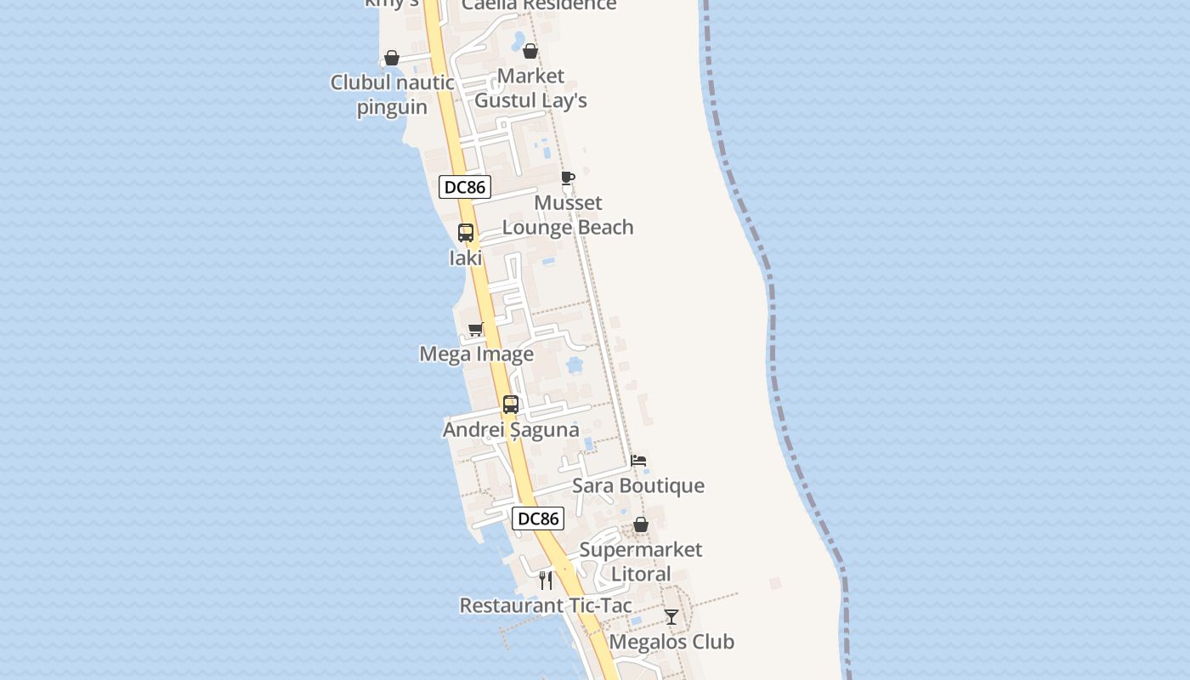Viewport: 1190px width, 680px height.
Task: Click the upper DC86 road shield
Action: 465,186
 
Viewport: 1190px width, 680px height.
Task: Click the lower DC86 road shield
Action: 538,518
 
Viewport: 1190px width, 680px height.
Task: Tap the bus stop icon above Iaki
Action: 466,233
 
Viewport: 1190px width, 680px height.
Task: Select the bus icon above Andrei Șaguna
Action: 510,405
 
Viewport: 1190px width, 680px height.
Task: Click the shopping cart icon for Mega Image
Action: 476,329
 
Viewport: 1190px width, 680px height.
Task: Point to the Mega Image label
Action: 476,354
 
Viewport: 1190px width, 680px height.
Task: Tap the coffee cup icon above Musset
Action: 568,178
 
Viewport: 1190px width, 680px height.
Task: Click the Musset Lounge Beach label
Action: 568,215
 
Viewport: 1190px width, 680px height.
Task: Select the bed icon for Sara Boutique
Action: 638,461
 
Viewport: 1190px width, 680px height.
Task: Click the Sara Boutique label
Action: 637,485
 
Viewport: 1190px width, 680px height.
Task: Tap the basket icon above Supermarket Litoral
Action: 641,524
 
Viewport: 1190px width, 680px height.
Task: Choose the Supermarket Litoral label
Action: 641,561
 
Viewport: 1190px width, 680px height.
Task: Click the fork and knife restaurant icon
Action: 546,581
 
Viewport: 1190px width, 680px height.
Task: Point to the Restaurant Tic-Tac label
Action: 546,605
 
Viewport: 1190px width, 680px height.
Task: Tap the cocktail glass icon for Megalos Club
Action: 671,617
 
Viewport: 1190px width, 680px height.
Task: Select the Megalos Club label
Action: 671,642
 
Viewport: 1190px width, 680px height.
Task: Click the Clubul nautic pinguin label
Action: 392,94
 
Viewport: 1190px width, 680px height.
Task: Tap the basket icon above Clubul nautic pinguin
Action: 392,58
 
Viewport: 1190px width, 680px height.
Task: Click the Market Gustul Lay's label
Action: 530,88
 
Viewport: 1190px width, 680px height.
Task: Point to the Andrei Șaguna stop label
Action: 511,429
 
